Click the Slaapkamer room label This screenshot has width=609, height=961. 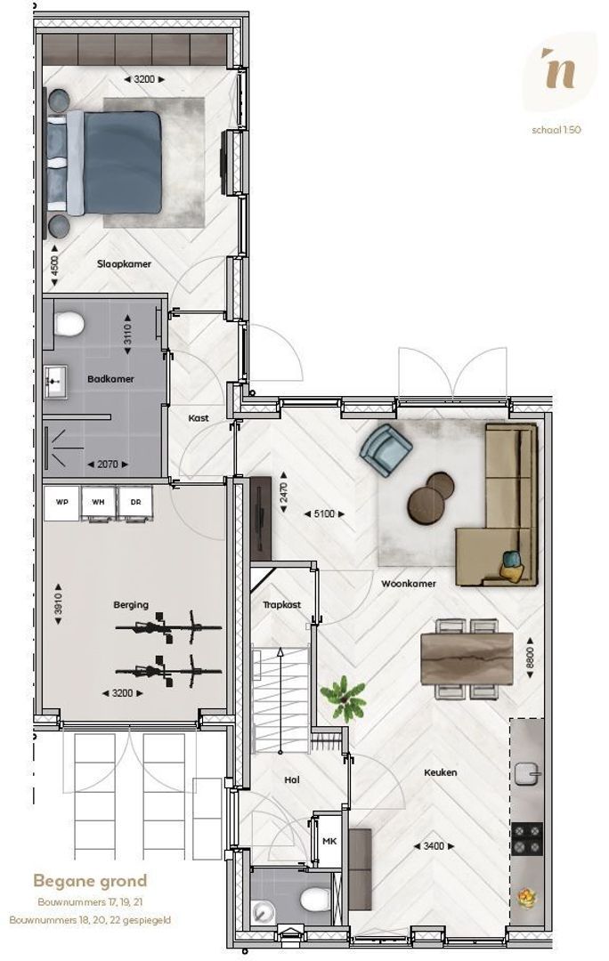(124, 264)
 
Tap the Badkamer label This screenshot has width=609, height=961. (110, 379)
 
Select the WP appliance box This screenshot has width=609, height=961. (62, 503)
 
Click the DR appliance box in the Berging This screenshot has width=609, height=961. (135, 502)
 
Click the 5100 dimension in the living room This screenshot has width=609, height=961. (324, 513)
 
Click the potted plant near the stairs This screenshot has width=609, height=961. (344, 699)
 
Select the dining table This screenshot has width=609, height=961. (467, 658)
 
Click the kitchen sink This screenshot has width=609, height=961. (527, 774)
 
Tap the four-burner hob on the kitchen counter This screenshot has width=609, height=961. (527, 839)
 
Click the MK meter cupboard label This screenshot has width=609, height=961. (329, 842)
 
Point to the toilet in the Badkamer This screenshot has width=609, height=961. (69, 324)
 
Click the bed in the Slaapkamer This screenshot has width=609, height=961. (105, 163)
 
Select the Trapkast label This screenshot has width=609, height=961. (281, 605)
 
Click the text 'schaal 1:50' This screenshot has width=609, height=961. (556, 129)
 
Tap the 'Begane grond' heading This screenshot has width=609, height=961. (90, 881)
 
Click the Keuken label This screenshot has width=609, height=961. (441, 773)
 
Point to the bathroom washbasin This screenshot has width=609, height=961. (56, 383)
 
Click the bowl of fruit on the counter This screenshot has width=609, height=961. (526, 898)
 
